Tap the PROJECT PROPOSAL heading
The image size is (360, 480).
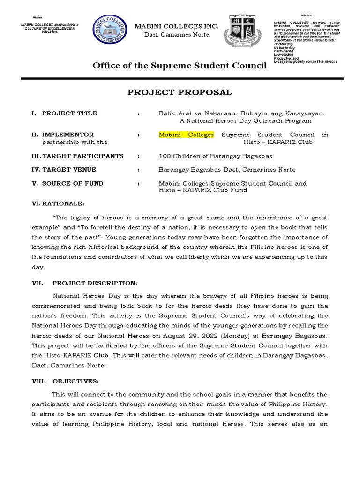click(x=180, y=92)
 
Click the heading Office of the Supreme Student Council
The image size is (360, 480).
click(x=180, y=66)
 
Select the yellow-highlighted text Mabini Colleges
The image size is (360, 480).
click(x=186, y=135)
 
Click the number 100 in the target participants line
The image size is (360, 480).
click(x=165, y=156)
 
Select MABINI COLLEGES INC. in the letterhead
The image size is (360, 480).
click(x=177, y=27)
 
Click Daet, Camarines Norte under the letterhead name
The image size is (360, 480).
click(x=177, y=36)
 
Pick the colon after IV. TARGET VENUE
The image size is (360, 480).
click(x=138, y=170)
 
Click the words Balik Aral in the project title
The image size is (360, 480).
click(x=173, y=113)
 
